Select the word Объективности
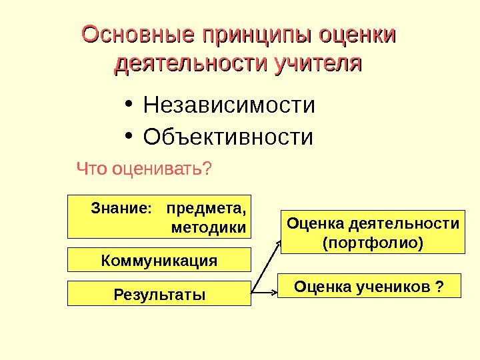pos(228,137)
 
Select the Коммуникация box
pos(159,260)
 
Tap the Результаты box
pos(159,293)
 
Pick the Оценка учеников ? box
pos(370,285)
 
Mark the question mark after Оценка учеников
pos(439,285)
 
